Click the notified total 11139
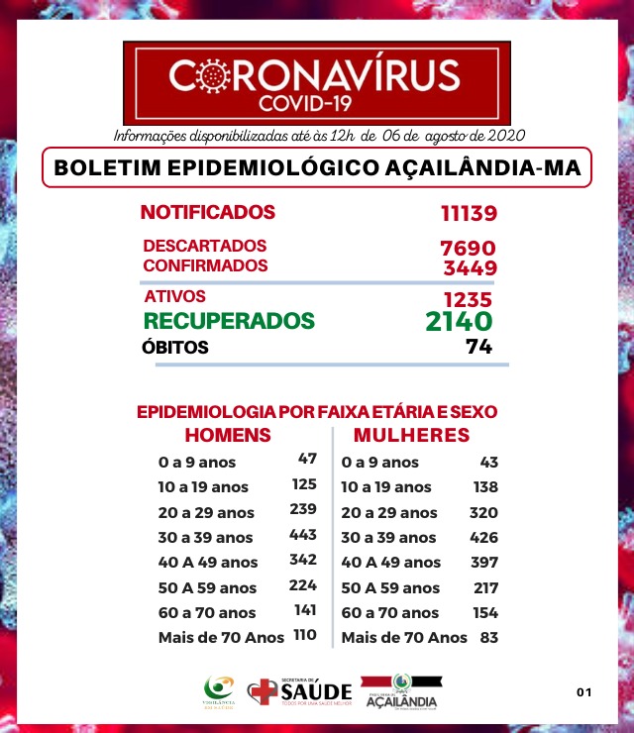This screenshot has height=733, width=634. point(469,213)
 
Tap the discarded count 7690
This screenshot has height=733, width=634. point(468,248)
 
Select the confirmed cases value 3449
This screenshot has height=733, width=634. point(469,267)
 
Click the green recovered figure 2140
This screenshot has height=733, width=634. point(458,322)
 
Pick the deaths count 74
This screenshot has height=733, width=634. point(479,348)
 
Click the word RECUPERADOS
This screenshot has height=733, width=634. point(229,321)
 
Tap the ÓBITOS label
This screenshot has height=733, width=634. point(176,348)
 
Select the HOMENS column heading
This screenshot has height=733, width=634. point(228,436)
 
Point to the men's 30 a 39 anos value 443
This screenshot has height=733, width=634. point(302,535)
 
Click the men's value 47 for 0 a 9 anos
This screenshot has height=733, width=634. point(307,460)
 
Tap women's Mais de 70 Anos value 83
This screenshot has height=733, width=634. point(487,637)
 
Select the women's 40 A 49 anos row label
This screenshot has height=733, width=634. point(390,563)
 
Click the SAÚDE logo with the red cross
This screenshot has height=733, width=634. point(299,691)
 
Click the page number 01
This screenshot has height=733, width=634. point(583,691)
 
